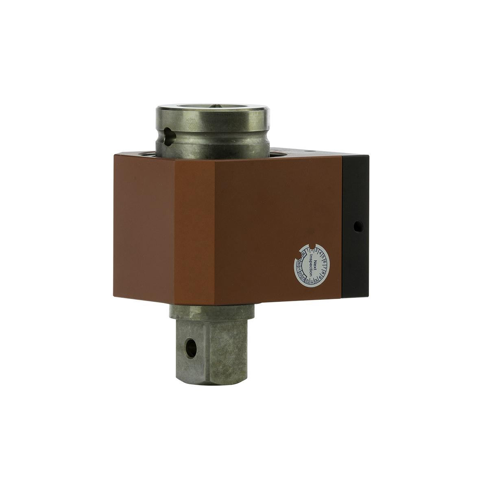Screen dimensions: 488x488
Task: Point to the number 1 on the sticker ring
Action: (308, 250)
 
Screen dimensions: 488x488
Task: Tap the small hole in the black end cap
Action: (357, 225)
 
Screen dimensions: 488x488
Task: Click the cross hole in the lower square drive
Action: (190, 347)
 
